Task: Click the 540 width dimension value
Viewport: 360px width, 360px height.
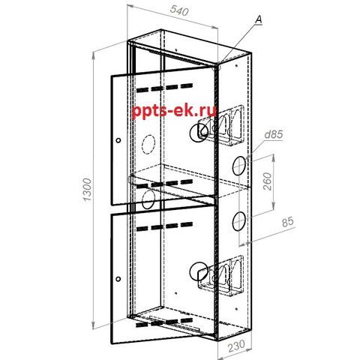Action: pos(178,10)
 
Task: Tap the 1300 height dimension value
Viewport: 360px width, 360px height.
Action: pos(87,190)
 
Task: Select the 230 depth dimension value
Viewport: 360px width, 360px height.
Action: pos(236,345)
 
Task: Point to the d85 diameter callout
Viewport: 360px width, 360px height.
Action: pos(274,135)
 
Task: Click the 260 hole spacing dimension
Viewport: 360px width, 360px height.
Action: pos(267,181)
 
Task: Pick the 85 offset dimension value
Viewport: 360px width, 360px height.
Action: pos(287,222)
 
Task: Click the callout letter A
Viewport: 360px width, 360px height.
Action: pos(259,19)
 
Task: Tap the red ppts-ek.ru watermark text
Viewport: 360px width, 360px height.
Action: pos(174,111)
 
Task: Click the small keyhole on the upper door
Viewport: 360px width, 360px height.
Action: pos(118,140)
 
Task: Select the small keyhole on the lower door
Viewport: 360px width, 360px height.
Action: pos(118,279)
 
